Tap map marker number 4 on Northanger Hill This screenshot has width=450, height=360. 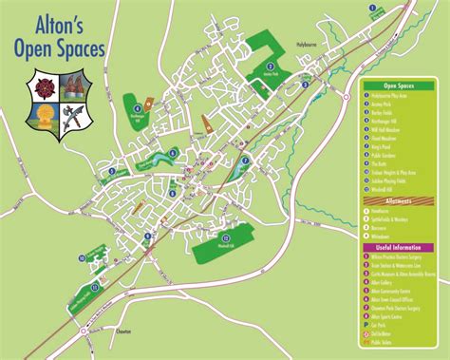coord(148,104)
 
